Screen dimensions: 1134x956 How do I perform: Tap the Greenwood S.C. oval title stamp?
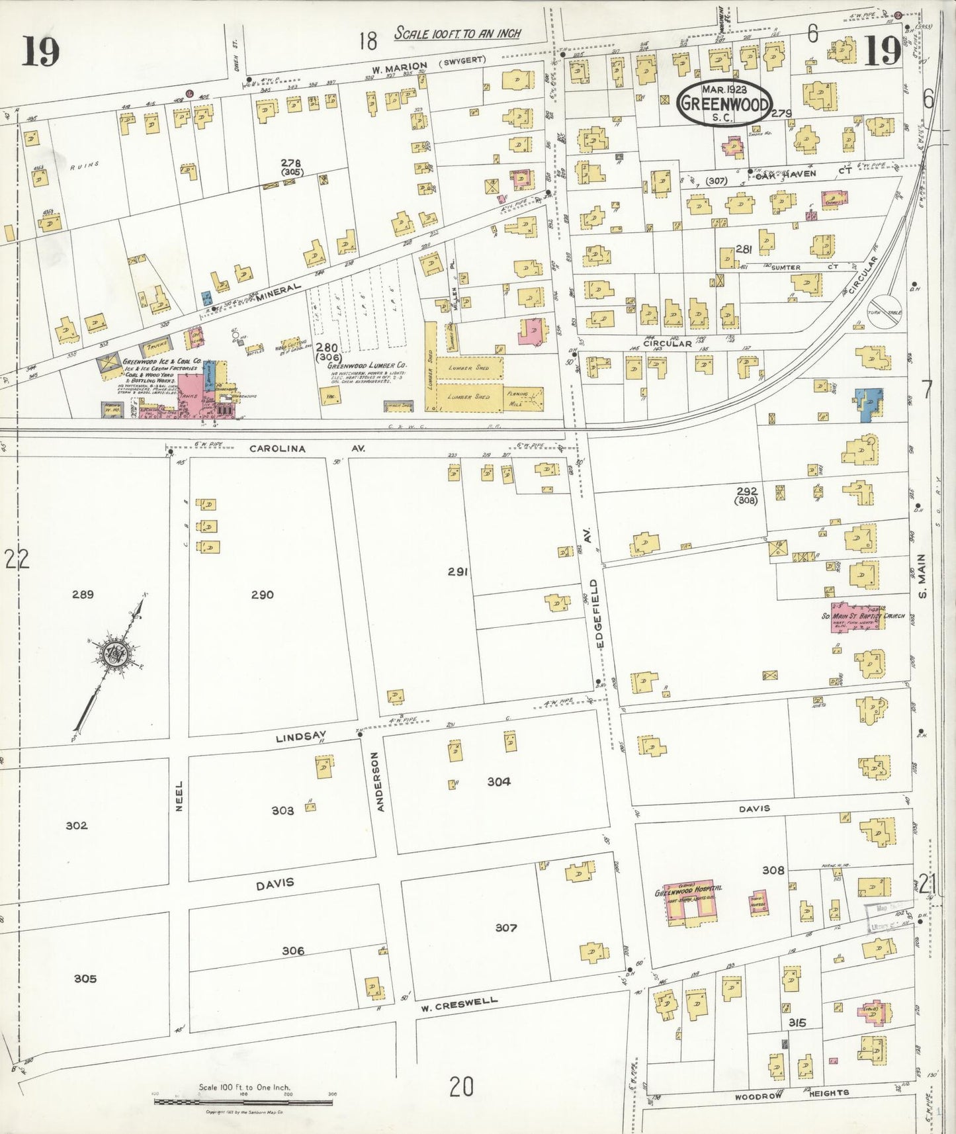point(726,103)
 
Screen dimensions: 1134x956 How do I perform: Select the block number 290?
point(262,595)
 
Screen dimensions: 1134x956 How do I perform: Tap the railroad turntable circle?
point(885,312)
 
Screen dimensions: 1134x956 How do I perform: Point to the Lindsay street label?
point(302,736)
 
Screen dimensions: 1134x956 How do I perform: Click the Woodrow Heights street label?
point(791,1094)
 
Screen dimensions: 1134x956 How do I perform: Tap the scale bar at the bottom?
point(243,1102)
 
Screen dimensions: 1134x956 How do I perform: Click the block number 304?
point(498,781)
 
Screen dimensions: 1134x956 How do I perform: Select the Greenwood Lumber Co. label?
point(367,365)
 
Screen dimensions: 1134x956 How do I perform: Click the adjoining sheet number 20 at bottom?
point(461,1086)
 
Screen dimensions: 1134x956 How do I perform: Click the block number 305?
point(85,979)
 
